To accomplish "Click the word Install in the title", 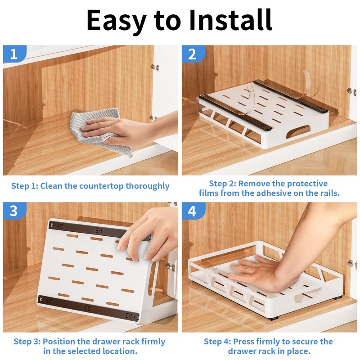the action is [x=230, y=20].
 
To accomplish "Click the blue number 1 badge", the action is [x=14, y=54].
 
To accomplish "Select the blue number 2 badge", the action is [x=193, y=54].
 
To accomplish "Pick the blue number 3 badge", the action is [x=14, y=211].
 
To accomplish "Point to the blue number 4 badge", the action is [x=193, y=211].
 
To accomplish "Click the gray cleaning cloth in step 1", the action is [x=99, y=131].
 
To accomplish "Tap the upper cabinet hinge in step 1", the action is [x=155, y=67].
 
